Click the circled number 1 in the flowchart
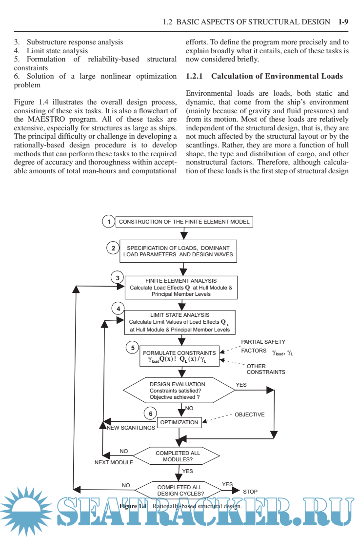click(x=108, y=222)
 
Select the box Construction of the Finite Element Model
click(x=184, y=222)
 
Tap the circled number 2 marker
click(x=113, y=248)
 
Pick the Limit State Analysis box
click(x=180, y=322)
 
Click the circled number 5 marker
click(x=132, y=348)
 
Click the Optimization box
click(x=180, y=422)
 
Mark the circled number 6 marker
click(x=150, y=414)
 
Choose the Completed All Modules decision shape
click(x=178, y=456)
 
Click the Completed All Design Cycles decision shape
click(x=179, y=490)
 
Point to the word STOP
click(x=250, y=492)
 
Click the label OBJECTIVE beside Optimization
click(x=250, y=414)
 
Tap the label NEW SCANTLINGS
click(x=131, y=428)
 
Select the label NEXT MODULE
click(x=114, y=462)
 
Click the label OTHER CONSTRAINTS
click(x=265, y=369)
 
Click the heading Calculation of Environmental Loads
click(x=277, y=76)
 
